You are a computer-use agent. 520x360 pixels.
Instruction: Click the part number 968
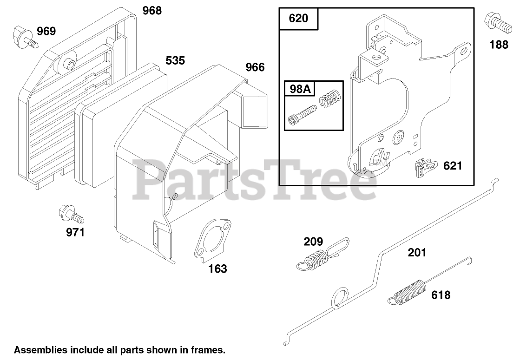(x=152, y=10)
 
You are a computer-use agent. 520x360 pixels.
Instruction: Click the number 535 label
(x=175, y=60)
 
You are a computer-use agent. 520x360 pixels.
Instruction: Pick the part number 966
(x=255, y=67)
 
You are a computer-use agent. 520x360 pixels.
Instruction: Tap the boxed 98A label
(x=300, y=89)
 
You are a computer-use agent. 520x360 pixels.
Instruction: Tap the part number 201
(x=416, y=253)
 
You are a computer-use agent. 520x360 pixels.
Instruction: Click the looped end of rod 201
(x=340, y=298)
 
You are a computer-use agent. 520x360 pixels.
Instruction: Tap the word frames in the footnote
(x=209, y=349)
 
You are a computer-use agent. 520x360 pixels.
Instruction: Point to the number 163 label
(x=217, y=268)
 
